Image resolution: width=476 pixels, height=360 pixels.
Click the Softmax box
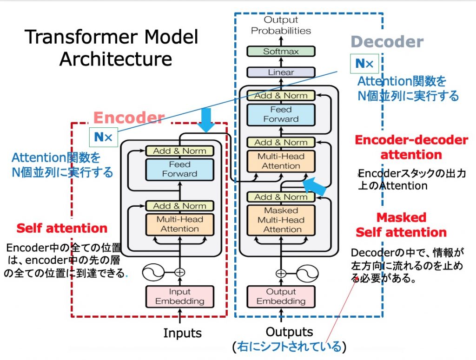281,52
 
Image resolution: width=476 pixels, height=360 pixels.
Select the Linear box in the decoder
281,72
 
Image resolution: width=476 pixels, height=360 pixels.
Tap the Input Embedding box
180,296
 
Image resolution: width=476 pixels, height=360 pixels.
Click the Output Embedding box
281,296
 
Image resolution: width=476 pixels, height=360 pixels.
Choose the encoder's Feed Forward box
180,169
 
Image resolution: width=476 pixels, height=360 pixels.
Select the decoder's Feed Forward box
281,114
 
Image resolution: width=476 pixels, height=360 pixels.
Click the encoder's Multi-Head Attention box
180,224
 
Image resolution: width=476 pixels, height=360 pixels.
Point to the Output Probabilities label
281,25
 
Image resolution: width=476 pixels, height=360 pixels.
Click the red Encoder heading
129,118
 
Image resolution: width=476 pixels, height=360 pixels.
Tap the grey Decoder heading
387,42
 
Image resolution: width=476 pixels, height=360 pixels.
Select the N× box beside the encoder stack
104,137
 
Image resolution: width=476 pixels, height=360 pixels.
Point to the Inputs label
182,333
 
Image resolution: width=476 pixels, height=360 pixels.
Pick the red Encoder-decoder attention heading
411,147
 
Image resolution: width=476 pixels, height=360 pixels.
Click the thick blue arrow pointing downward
205,120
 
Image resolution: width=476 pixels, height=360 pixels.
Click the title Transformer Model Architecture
112,48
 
